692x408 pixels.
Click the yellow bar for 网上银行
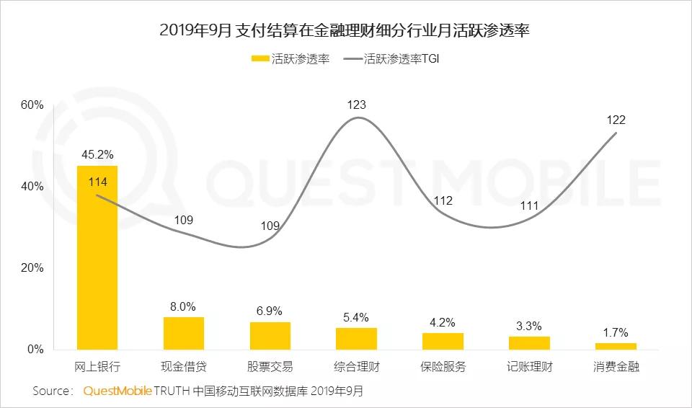click(97, 257)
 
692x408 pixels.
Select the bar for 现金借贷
click(184, 333)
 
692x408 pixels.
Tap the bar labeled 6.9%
click(270, 336)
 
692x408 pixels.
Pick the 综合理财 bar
click(357, 339)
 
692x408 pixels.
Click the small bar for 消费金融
click(616, 346)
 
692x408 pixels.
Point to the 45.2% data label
click(97, 154)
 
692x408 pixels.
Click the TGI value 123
click(357, 105)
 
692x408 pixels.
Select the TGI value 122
click(616, 120)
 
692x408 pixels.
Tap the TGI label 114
click(97, 182)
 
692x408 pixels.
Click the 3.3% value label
click(529, 326)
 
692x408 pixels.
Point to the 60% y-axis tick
click(32, 105)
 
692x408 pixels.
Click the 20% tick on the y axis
click(32, 268)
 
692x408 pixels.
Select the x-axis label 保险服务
click(443, 366)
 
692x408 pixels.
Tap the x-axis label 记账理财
click(530, 366)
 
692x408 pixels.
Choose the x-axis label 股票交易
click(270, 366)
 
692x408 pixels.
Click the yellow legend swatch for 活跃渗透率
click(260, 58)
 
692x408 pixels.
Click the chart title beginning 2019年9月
click(345, 30)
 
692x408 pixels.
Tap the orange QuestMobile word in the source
click(117, 391)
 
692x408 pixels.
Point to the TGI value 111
click(529, 205)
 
